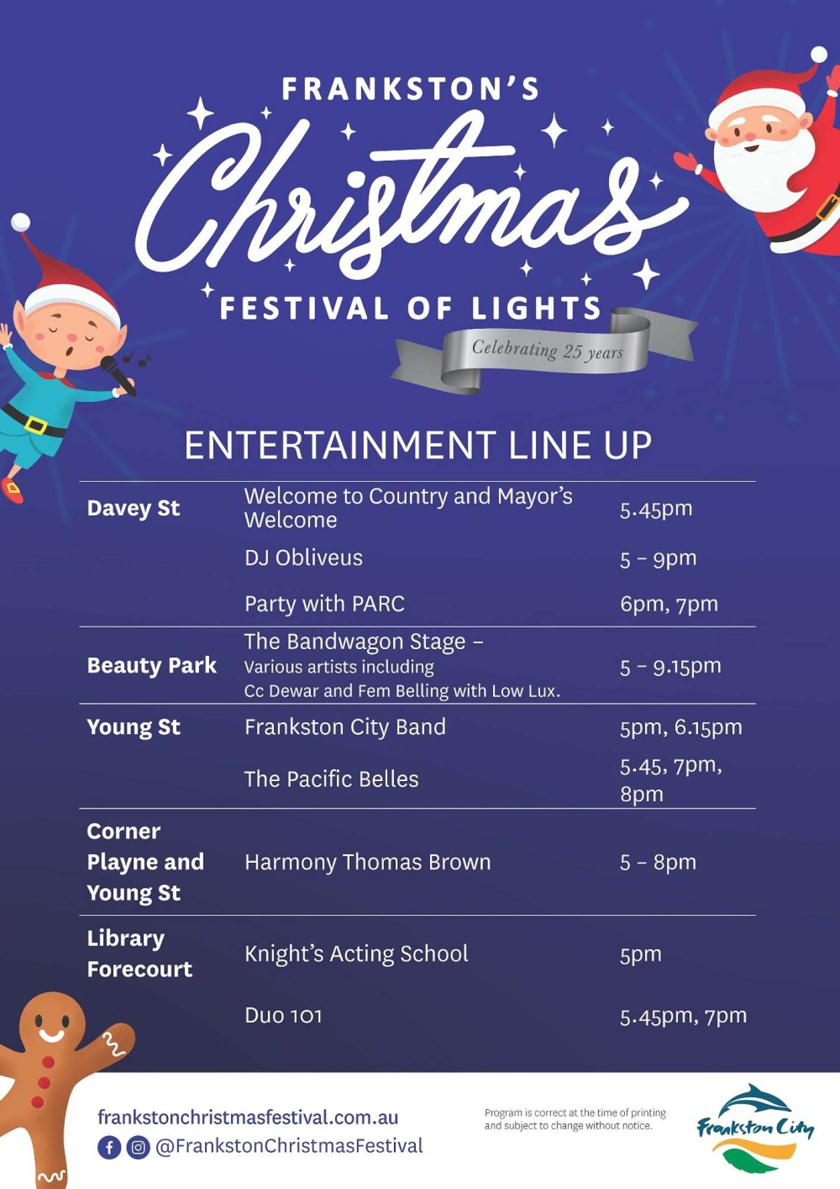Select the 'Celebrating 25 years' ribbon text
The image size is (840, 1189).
click(547, 350)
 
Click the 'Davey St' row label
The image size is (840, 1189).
click(133, 508)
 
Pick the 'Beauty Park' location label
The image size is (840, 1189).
click(151, 666)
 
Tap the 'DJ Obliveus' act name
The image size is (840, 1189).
click(304, 558)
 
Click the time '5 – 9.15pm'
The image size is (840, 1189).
click(670, 666)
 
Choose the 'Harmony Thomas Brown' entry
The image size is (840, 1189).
click(367, 862)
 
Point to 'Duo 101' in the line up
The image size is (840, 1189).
click(283, 1015)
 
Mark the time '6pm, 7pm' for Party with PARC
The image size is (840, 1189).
click(668, 604)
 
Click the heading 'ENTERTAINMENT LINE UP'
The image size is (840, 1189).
click(417, 445)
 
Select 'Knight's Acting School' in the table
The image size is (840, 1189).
click(356, 954)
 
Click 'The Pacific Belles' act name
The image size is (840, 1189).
click(331, 779)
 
